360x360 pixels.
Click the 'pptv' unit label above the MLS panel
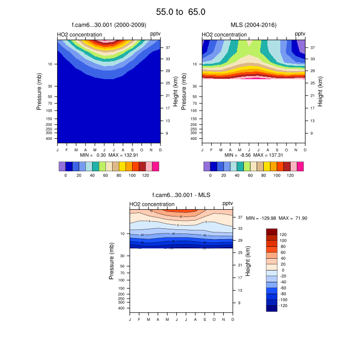(x=300, y=34)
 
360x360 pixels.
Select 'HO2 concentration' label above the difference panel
(x=152, y=204)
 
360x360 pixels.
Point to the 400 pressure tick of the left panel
(x=50, y=138)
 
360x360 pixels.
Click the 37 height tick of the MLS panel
(x=312, y=47)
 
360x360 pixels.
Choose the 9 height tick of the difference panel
(x=239, y=303)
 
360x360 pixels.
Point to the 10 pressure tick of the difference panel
(x=121, y=233)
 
